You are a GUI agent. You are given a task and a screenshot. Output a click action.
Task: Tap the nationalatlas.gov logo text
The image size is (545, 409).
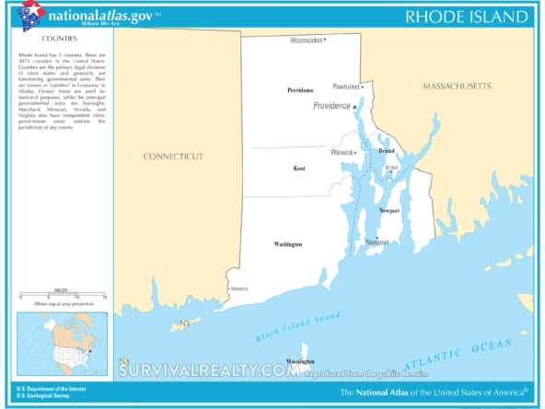point(100,15)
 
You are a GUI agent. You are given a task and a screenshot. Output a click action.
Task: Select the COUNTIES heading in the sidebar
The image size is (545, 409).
point(59,40)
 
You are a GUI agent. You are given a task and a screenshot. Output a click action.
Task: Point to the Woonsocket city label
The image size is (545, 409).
point(307,41)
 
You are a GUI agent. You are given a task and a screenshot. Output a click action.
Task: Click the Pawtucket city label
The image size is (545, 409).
point(347,86)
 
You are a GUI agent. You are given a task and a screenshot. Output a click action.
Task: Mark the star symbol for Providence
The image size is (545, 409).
point(354,107)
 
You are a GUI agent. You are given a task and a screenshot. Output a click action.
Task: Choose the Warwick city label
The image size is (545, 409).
point(342,152)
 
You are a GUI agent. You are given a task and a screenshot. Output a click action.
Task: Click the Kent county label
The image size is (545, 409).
point(299,169)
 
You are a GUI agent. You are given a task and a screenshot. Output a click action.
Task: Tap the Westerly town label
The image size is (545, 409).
point(239,288)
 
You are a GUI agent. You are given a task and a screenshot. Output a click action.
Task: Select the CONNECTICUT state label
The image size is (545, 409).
point(173,157)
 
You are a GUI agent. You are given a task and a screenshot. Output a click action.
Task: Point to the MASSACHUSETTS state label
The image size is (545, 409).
point(457,86)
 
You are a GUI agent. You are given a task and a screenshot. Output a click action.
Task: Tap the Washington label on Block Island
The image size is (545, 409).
point(300,360)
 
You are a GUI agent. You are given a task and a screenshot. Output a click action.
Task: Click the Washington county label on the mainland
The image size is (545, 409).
point(287,244)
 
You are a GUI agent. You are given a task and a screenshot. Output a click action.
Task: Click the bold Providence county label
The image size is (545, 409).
point(300,90)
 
